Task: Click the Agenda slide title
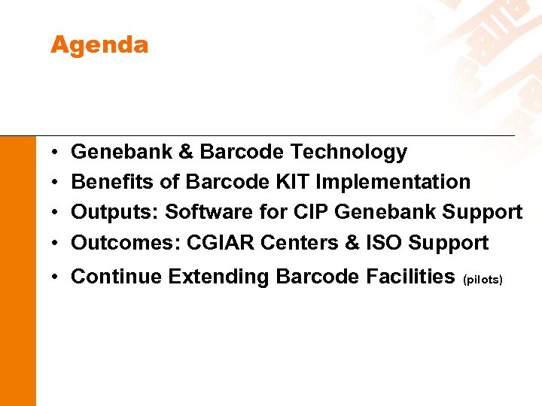click(99, 46)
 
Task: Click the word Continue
click(117, 277)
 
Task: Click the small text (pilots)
click(483, 280)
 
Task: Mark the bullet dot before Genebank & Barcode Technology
click(56, 153)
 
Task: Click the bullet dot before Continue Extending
click(56, 277)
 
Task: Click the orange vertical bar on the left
click(17, 271)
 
